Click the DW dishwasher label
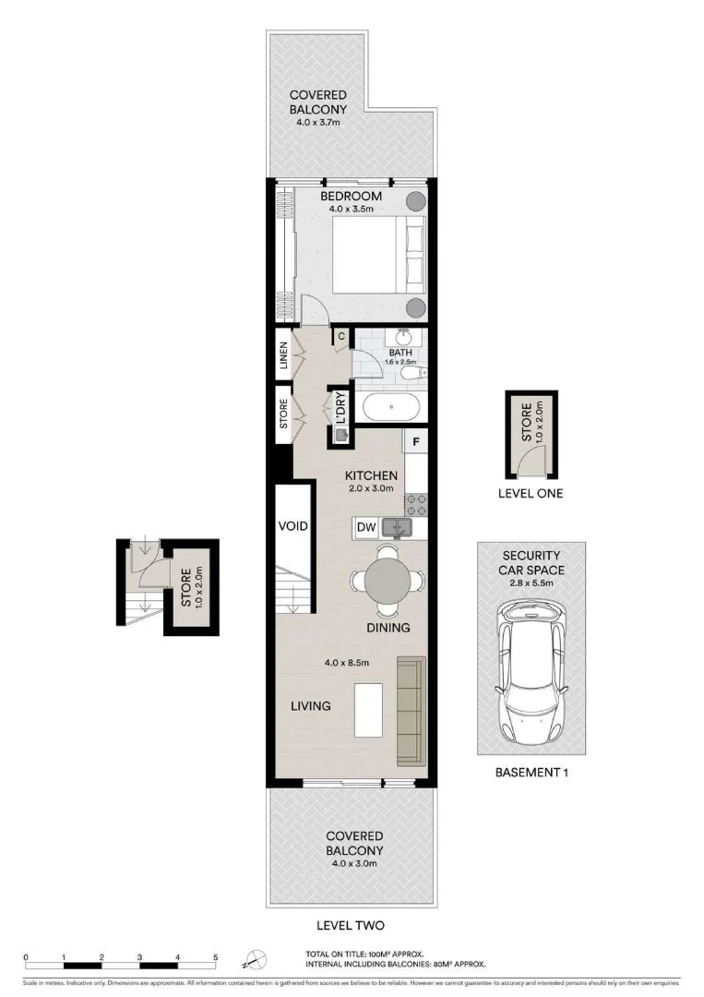coord(365,528)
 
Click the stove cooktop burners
coord(415,504)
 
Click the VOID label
coord(292,526)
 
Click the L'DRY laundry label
coord(340,406)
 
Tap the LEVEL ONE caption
coord(530,494)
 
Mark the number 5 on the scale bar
coord(216,957)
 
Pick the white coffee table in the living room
coord(369,709)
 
